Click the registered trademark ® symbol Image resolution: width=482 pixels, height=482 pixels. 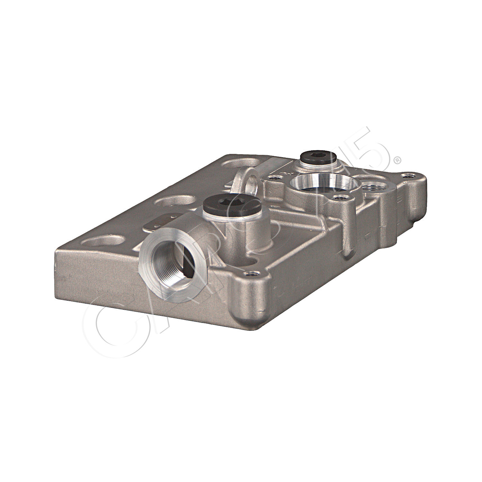pyautogui.click(x=397, y=160)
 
